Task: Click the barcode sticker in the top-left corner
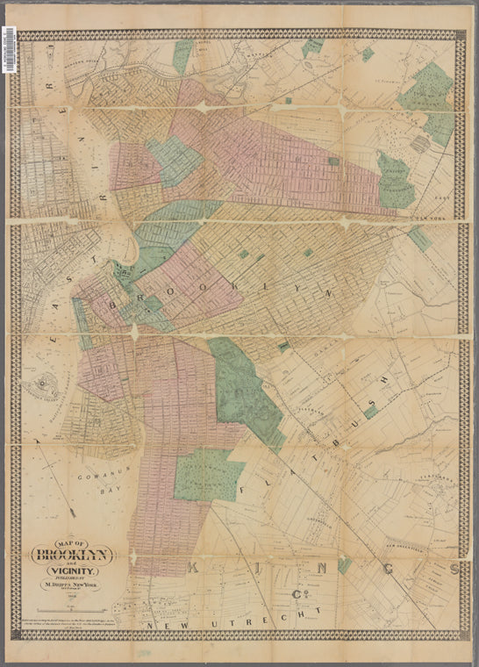coord(9,49)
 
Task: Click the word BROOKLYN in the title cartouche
coord(72,555)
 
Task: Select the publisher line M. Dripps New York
coord(72,590)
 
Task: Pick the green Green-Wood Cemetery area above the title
coord(207,477)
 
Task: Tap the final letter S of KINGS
coord(454,569)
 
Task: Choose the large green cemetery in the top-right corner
coord(427,97)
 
